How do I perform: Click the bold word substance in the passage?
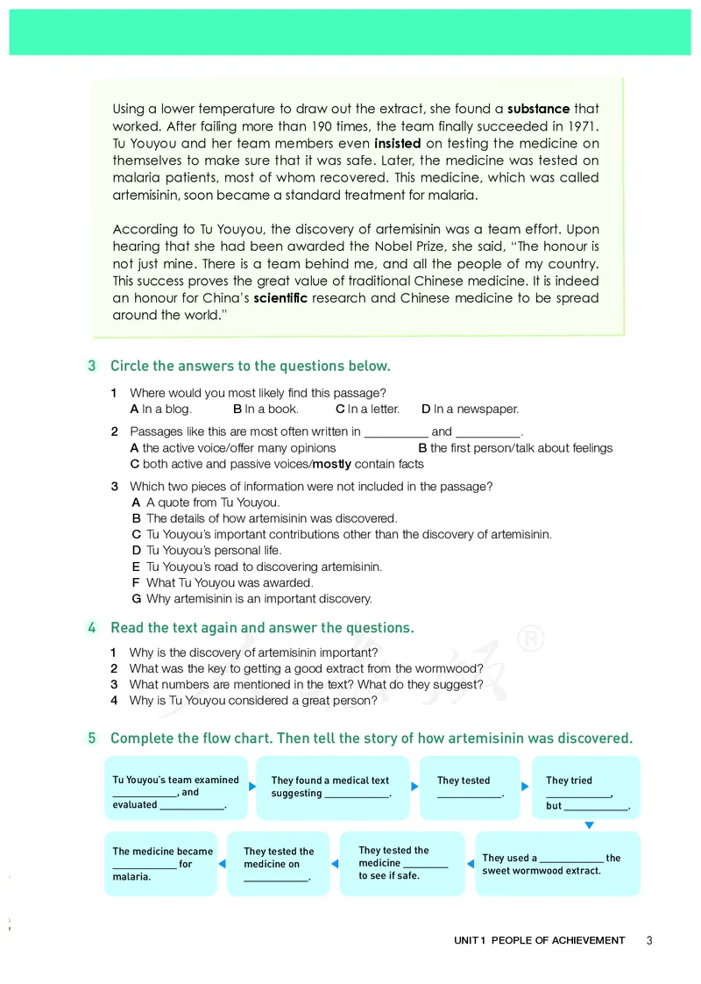click(x=539, y=110)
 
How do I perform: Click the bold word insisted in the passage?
click(x=398, y=144)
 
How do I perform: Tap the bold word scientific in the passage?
click(x=280, y=298)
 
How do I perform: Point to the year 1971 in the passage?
click(x=581, y=126)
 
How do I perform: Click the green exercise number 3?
click(x=91, y=366)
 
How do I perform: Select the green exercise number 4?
click(x=91, y=628)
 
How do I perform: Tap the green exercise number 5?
click(x=91, y=738)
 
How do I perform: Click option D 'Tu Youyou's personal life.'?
click(x=214, y=551)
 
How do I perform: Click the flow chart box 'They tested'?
click(x=471, y=787)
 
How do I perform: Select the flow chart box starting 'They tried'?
click(x=586, y=788)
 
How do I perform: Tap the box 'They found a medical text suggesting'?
click(x=332, y=787)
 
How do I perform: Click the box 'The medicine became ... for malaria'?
click(x=161, y=864)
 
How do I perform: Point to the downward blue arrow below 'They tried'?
click(x=590, y=825)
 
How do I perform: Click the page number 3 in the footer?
click(x=649, y=940)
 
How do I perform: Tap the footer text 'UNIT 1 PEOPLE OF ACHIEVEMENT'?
click(x=540, y=940)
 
